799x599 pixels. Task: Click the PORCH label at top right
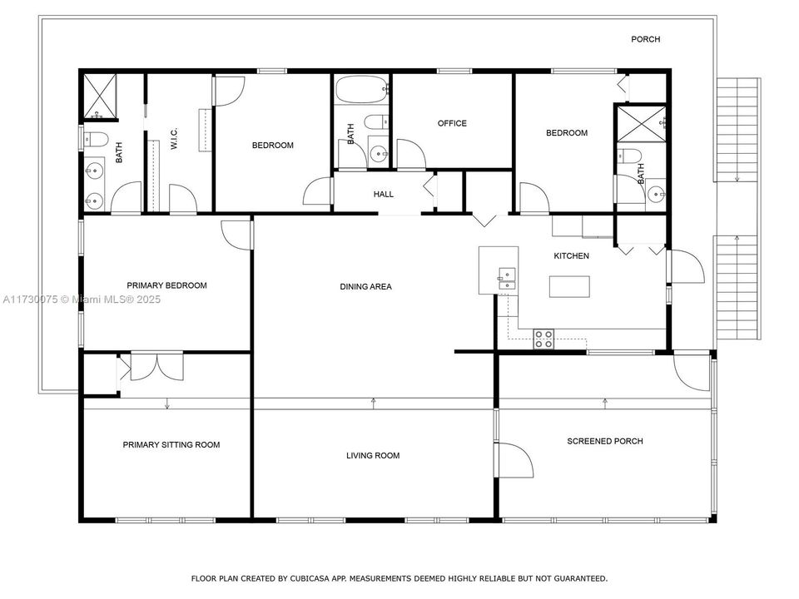(x=645, y=39)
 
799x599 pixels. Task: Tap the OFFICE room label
(x=452, y=123)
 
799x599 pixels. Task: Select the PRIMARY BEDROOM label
(x=166, y=285)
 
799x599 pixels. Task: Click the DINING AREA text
(x=365, y=287)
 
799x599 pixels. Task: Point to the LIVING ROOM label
(x=373, y=455)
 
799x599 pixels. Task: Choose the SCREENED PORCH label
(x=604, y=441)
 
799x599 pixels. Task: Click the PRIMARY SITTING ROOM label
(x=171, y=445)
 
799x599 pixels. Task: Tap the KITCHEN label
(x=571, y=256)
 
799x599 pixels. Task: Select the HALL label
(x=383, y=194)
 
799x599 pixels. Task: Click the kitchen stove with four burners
(x=543, y=338)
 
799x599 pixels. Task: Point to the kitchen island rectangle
(x=569, y=286)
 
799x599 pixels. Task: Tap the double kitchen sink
(x=506, y=280)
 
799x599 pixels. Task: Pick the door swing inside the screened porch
(x=515, y=460)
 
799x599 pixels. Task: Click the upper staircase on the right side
(x=738, y=130)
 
